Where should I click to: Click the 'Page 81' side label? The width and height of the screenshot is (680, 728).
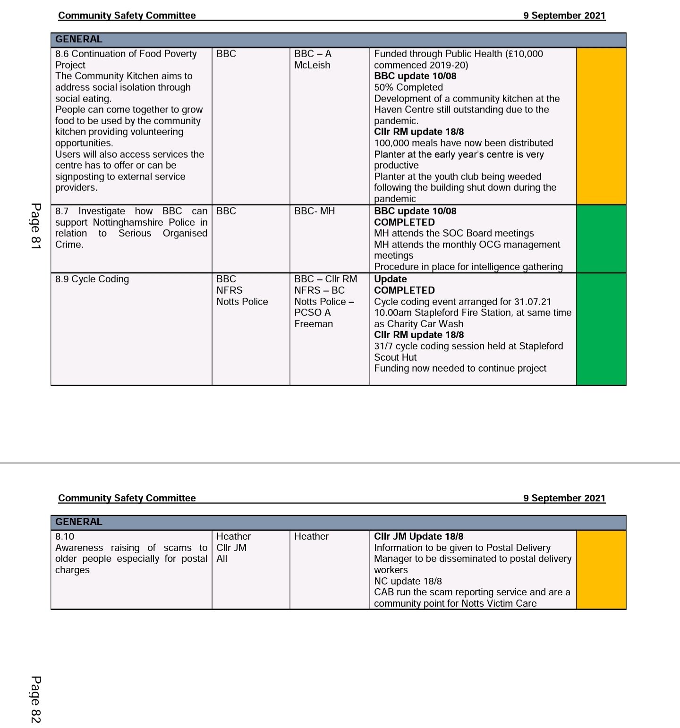36,226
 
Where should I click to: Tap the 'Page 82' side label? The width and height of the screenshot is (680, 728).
36,699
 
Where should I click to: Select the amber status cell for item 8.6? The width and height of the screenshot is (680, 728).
601,126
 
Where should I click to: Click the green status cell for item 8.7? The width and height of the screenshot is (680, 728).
601,239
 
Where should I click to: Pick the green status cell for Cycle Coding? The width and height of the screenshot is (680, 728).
601,329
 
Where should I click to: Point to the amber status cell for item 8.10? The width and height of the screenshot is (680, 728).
601,570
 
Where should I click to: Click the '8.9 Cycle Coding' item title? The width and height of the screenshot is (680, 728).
92,279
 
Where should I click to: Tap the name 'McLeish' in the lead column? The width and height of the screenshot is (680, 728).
312,65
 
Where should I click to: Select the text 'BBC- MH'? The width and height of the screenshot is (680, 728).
314,211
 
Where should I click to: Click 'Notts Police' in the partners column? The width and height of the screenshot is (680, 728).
242,302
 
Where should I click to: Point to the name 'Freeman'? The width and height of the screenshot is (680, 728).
314,324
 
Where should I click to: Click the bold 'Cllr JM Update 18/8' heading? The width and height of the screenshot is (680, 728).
418,536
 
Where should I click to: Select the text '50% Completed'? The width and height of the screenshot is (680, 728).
408,87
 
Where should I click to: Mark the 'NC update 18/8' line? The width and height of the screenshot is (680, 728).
408,581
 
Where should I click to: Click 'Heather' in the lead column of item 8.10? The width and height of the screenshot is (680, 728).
311,536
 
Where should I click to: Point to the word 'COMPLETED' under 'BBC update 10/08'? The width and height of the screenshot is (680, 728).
404,222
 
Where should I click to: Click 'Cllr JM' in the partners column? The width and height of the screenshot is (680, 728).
231,548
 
